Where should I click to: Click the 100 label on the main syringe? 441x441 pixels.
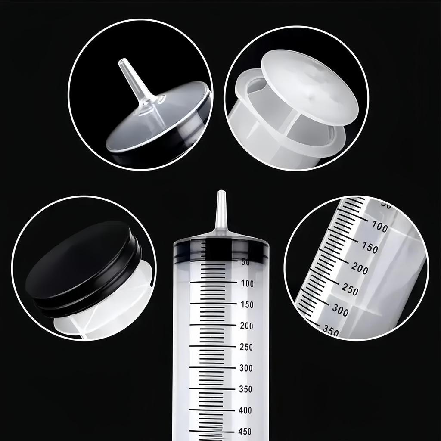247,283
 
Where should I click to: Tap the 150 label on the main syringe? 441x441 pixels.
247,305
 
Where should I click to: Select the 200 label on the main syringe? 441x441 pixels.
247,326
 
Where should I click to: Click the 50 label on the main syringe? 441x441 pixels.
245,262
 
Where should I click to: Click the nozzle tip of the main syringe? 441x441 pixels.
221,194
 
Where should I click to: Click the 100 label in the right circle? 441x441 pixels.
379,227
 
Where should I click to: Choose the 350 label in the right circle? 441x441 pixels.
331,330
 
